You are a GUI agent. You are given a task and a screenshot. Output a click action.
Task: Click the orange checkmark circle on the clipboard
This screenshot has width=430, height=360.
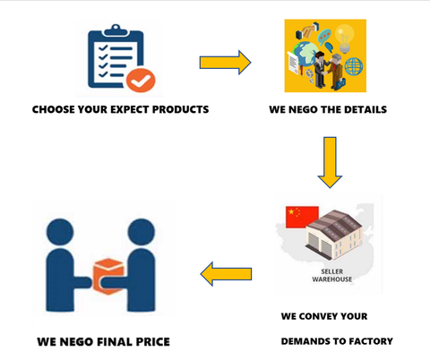pyautogui.click(x=141, y=80)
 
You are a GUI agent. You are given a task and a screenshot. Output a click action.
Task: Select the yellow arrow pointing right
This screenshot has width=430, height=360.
pyautogui.click(x=225, y=63)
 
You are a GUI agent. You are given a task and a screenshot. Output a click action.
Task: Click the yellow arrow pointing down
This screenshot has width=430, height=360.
pyautogui.click(x=330, y=162)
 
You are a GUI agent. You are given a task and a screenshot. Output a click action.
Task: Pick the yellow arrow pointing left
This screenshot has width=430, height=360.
pyautogui.click(x=226, y=274)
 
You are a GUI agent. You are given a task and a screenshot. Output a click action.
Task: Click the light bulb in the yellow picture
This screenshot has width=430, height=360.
pyautogui.click(x=345, y=39)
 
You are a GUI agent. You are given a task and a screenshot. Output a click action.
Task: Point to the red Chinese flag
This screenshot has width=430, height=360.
pyautogui.click(x=302, y=217)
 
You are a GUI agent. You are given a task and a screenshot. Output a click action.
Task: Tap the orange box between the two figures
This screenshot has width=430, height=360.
pyautogui.click(x=108, y=276)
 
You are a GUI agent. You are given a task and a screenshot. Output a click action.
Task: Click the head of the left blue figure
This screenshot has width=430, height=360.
pyautogui.click(x=60, y=233)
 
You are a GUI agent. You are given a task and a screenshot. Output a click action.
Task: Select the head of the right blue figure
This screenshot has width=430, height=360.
pyautogui.click(x=142, y=233)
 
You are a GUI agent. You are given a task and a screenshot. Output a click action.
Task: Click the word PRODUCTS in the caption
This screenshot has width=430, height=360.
pyautogui.click(x=180, y=109)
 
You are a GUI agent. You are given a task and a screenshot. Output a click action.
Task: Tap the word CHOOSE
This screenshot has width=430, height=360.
pyautogui.click(x=54, y=109)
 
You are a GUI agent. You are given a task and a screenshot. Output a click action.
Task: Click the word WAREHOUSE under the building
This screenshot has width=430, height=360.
pyautogui.click(x=332, y=279)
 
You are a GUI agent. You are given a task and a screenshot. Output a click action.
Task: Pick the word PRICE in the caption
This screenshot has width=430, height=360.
pyautogui.click(x=153, y=342)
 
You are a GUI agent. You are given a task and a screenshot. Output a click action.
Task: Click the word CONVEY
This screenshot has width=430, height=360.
pyautogui.click(x=318, y=316)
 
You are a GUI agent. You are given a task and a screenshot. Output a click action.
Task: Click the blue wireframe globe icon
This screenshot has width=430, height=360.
pyautogui.click(x=354, y=66)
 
